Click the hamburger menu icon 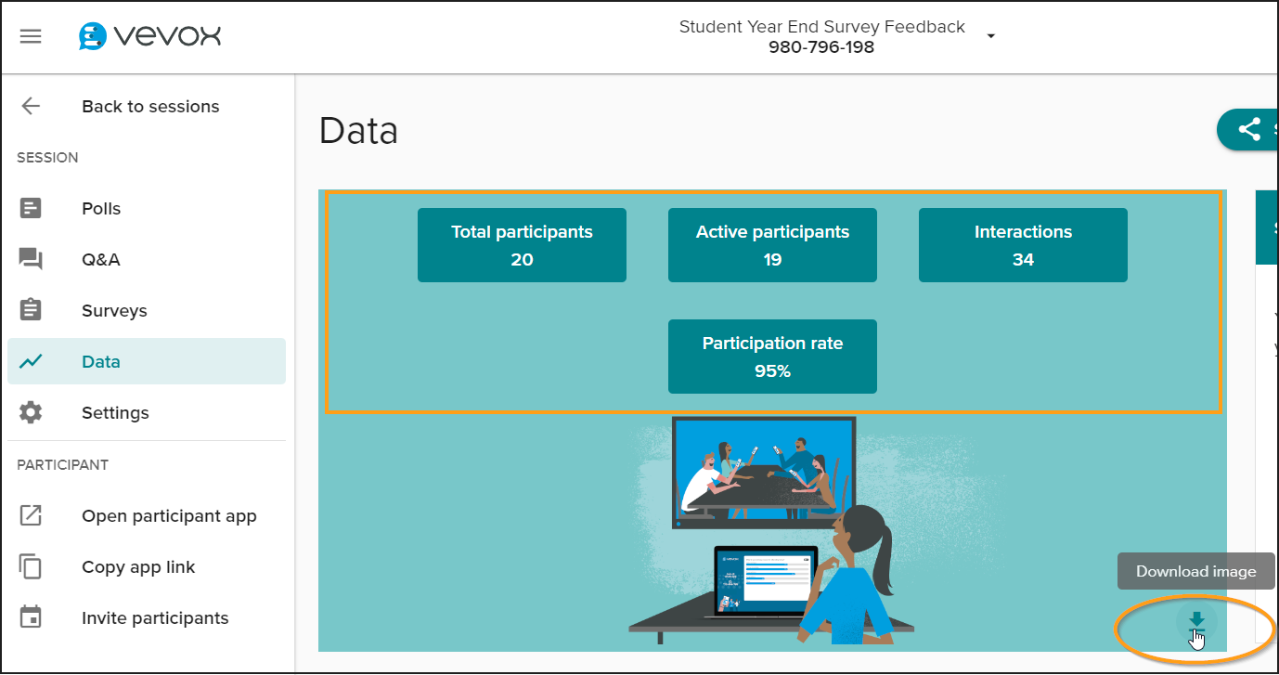(x=31, y=36)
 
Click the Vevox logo (x=149, y=36)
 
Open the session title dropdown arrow (x=991, y=36)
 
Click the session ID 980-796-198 (x=821, y=46)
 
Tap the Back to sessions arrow (x=31, y=106)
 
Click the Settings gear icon (x=31, y=412)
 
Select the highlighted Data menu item (x=146, y=361)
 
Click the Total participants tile (x=522, y=245)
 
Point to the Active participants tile (x=772, y=245)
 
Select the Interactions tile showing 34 (x=1023, y=245)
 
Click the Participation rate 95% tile (x=772, y=357)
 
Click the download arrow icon (x=1196, y=622)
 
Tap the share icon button (x=1248, y=130)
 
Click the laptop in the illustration (x=765, y=581)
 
